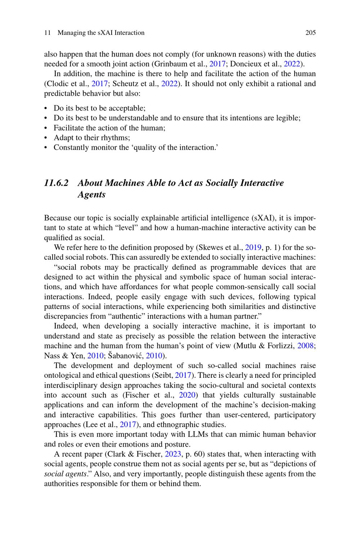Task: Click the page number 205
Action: click(310, 33)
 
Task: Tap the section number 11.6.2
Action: click(56, 183)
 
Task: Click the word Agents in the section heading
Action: click(91, 194)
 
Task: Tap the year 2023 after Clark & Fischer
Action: click(172, 454)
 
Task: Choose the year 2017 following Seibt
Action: click(183, 375)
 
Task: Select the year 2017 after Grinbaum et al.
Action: click(217, 64)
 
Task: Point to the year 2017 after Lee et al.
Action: click(127, 425)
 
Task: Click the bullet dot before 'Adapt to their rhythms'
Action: click(46, 138)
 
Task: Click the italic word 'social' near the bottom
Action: click(54, 474)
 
